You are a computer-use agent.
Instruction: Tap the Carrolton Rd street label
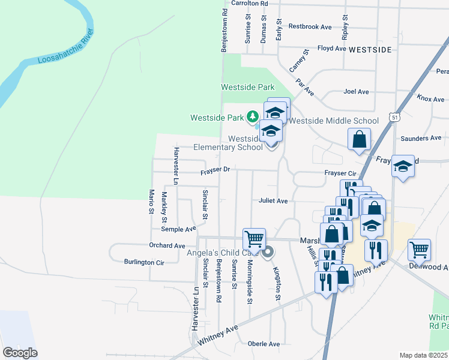point(246,3)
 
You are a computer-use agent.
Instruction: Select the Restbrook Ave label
point(310,27)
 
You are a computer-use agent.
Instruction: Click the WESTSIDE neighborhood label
point(370,49)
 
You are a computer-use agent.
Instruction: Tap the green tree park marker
point(253,116)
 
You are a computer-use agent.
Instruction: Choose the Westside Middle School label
point(334,121)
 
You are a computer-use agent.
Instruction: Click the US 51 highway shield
point(394,118)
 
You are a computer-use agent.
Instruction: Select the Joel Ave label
point(356,92)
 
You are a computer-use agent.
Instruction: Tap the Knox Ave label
point(431,98)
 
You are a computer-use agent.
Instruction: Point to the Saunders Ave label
point(421,138)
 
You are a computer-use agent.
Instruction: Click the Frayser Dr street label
point(215,170)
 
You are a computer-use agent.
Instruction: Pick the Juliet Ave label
point(273,201)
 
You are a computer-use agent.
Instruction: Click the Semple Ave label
point(179,229)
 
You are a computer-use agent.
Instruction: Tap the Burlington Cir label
point(144,262)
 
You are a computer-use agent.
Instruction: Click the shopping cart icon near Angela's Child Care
point(254,238)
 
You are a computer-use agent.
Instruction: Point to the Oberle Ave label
point(264,344)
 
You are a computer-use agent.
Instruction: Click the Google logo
point(20,353)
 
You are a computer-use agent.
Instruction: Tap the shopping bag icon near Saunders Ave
point(359,139)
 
